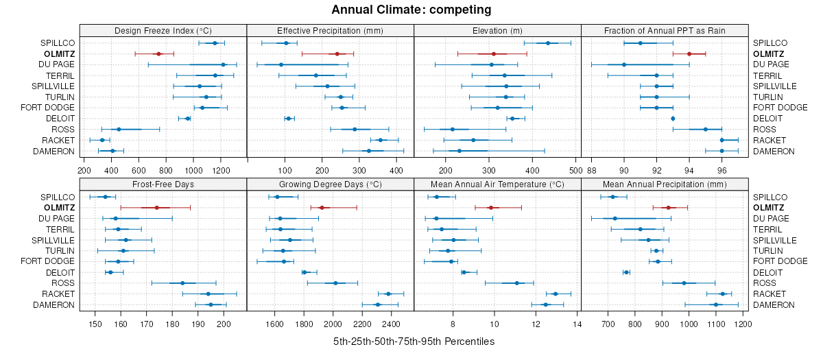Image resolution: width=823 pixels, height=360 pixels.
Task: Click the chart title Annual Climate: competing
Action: (x=411, y=10)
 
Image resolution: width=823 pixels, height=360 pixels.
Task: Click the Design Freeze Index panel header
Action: (x=163, y=31)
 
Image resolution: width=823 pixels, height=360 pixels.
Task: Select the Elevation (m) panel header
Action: (x=497, y=31)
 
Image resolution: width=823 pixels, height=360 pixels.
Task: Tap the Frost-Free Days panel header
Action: (x=163, y=184)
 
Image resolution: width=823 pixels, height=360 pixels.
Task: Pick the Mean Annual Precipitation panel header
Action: (x=665, y=184)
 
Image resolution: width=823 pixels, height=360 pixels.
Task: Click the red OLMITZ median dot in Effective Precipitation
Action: (x=337, y=53)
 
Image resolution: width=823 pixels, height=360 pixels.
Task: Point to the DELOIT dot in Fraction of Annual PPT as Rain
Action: (x=673, y=119)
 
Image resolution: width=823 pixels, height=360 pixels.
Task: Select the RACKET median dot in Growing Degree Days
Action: (x=388, y=293)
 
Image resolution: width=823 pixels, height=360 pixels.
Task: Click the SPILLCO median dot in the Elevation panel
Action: (x=547, y=43)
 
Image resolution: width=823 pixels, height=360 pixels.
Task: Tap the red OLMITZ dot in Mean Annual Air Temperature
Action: (x=490, y=208)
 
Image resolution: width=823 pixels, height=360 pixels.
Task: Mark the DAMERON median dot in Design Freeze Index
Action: (x=113, y=151)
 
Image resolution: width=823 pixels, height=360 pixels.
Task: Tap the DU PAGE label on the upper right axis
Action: (x=770, y=64)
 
